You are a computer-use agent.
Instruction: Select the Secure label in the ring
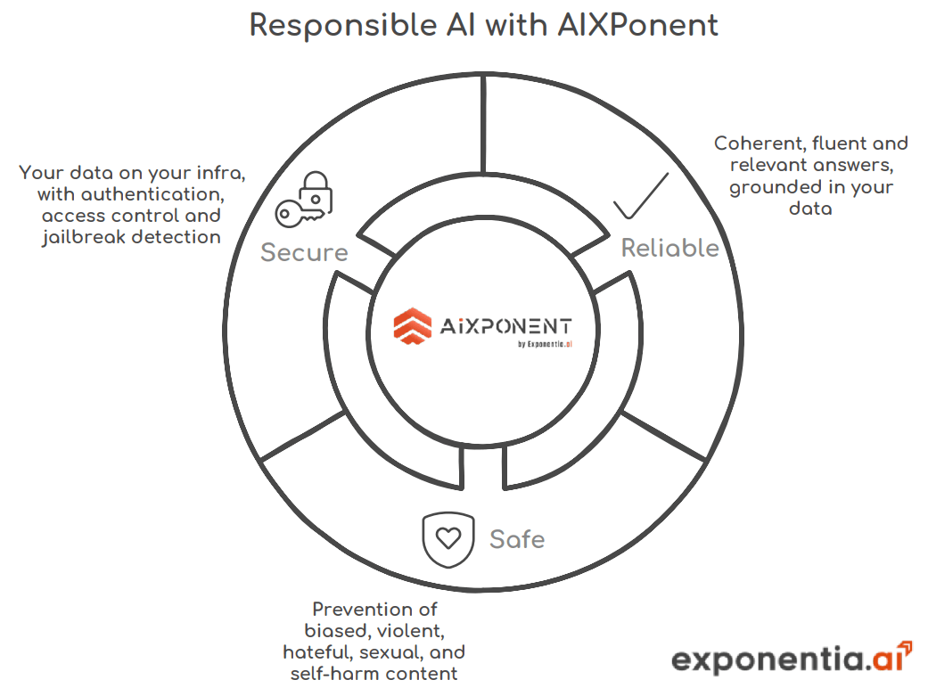click(304, 252)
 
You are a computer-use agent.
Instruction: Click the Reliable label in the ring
click(669, 248)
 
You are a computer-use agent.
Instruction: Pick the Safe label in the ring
click(517, 538)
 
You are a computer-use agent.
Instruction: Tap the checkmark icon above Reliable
click(640, 197)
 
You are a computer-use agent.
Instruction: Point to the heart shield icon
click(448, 538)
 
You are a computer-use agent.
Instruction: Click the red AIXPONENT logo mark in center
click(412, 325)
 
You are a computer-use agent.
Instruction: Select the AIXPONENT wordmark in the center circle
click(505, 326)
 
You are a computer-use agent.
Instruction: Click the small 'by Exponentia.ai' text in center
click(544, 345)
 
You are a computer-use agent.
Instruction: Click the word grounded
click(774, 187)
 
